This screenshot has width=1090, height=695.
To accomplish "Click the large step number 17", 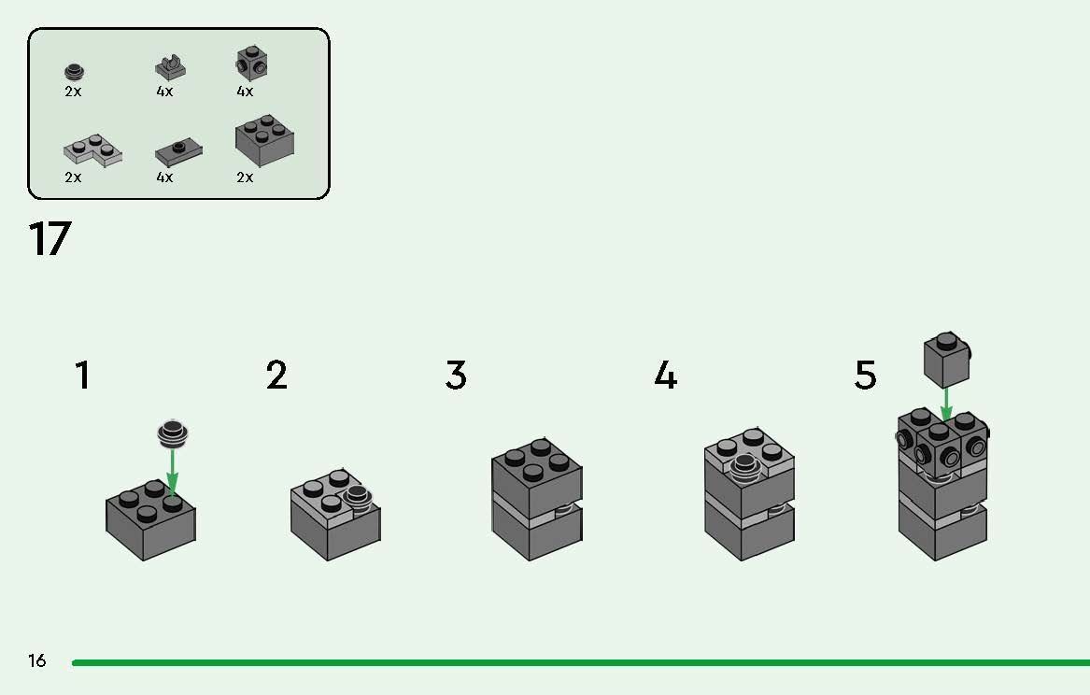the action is click(50, 238).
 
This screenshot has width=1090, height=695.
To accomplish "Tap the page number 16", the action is click(36, 660).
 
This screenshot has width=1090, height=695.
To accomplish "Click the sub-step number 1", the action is click(83, 376).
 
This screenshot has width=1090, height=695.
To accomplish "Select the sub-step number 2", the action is click(276, 376).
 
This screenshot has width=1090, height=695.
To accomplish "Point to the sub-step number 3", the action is click(456, 376).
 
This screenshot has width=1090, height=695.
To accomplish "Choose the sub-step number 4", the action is click(665, 376).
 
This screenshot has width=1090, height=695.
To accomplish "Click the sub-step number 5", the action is click(866, 376).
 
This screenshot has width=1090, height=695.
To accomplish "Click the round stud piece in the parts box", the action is click(75, 72).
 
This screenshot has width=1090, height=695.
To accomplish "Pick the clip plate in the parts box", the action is click(170, 67).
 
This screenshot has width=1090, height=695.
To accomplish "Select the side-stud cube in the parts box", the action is click(251, 64).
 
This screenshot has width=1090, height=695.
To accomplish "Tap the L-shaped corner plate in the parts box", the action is click(92, 150).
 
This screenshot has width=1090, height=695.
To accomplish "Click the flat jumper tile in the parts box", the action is click(178, 152).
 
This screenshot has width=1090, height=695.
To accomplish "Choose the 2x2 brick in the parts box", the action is click(264, 140).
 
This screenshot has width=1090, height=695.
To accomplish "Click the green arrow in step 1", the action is click(173, 471).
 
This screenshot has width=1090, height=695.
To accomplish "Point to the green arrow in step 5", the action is click(946, 404).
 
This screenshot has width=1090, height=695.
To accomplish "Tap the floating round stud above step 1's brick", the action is click(174, 433).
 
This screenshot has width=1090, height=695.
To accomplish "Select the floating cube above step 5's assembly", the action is click(947, 360).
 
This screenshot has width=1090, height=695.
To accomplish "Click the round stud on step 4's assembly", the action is click(744, 468).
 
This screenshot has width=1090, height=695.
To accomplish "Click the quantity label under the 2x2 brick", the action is click(245, 177).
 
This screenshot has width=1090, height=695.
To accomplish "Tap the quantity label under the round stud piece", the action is click(73, 91).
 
